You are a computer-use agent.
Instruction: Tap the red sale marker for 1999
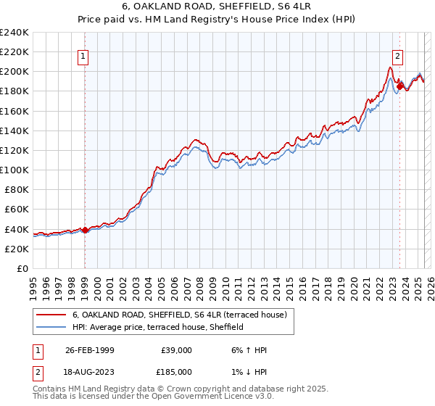pyautogui.click(x=85, y=230)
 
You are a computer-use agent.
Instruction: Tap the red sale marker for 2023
pyautogui.click(x=399, y=86)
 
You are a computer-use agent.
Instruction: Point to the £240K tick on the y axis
pyautogui.click(x=15, y=33)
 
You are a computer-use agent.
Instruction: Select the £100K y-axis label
pyautogui.click(x=15, y=170)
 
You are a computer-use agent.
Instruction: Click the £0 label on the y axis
pyautogui.click(x=22, y=268)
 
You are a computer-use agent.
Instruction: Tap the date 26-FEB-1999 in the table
pyautogui.click(x=88, y=350)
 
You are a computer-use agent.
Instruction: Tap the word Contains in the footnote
pyautogui.click(x=50, y=390)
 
